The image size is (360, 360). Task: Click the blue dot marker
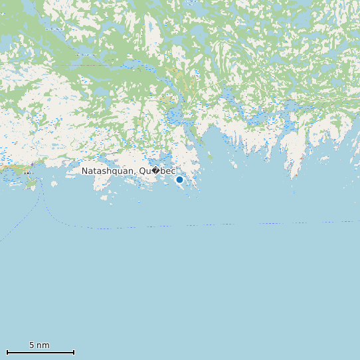(x=179, y=179)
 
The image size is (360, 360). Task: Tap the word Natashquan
(x=108, y=171)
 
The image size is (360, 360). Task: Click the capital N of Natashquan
(x=85, y=171)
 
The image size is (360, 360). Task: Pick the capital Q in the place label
(x=143, y=171)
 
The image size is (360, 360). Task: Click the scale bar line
(x=40, y=352)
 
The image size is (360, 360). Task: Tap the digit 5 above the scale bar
(x=31, y=345)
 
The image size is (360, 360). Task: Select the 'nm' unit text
(x=43, y=345)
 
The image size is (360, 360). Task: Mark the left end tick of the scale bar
(x=7, y=352)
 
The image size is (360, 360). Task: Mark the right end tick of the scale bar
(x=74, y=352)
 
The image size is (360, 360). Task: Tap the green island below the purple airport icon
(x=31, y=183)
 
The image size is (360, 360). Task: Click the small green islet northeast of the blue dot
(x=211, y=157)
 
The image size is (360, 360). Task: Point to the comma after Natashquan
(x=136, y=173)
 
